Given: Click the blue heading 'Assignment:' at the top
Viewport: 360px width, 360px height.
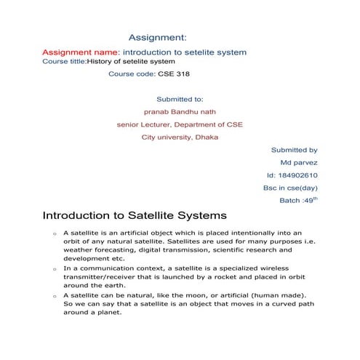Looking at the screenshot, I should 158,36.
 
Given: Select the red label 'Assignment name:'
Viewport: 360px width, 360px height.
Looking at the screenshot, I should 81,52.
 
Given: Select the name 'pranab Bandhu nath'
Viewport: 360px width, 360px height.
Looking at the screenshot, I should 180,111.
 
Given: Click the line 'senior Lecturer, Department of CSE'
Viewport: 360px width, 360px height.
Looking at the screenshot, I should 180,124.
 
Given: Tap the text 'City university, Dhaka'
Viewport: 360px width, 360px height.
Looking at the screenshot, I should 180,137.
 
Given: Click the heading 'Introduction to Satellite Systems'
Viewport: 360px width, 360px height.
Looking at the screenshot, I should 135,216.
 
